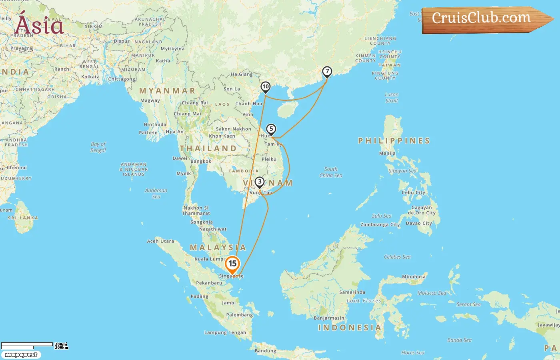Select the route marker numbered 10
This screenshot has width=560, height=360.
pyautogui.click(x=265, y=87)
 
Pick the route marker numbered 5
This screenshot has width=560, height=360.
pyautogui.click(x=271, y=129)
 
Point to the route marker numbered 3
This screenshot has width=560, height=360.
pyautogui.click(x=260, y=182)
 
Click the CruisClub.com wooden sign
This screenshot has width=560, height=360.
pyautogui.click(x=484, y=19)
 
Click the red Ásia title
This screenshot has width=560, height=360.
pyautogui.click(x=39, y=25)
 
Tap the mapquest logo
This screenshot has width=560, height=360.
pyautogui.click(x=21, y=355)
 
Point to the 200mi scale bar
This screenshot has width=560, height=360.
pyautogui.click(x=27, y=344)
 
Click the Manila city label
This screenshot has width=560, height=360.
pyautogui.click(x=387, y=153)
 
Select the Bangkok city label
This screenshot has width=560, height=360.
pyautogui.click(x=201, y=162)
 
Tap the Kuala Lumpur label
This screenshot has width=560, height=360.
pyautogui.click(x=210, y=259)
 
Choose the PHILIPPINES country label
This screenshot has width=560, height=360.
pyautogui.click(x=394, y=141)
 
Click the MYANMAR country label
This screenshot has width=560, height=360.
pyautogui.click(x=167, y=91)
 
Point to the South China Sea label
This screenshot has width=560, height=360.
pyautogui.click(x=331, y=172)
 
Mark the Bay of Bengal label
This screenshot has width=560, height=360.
pyautogui.click(x=98, y=147)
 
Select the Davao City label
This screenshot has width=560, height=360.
pyautogui.click(x=419, y=223)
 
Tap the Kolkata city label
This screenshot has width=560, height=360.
pyautogui.click(x=90, y=77)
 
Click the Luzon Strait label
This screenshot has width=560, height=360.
pyautogui.click(x=392, y=98)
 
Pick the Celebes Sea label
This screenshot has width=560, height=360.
pyautogui.click(x=397, y=257)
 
